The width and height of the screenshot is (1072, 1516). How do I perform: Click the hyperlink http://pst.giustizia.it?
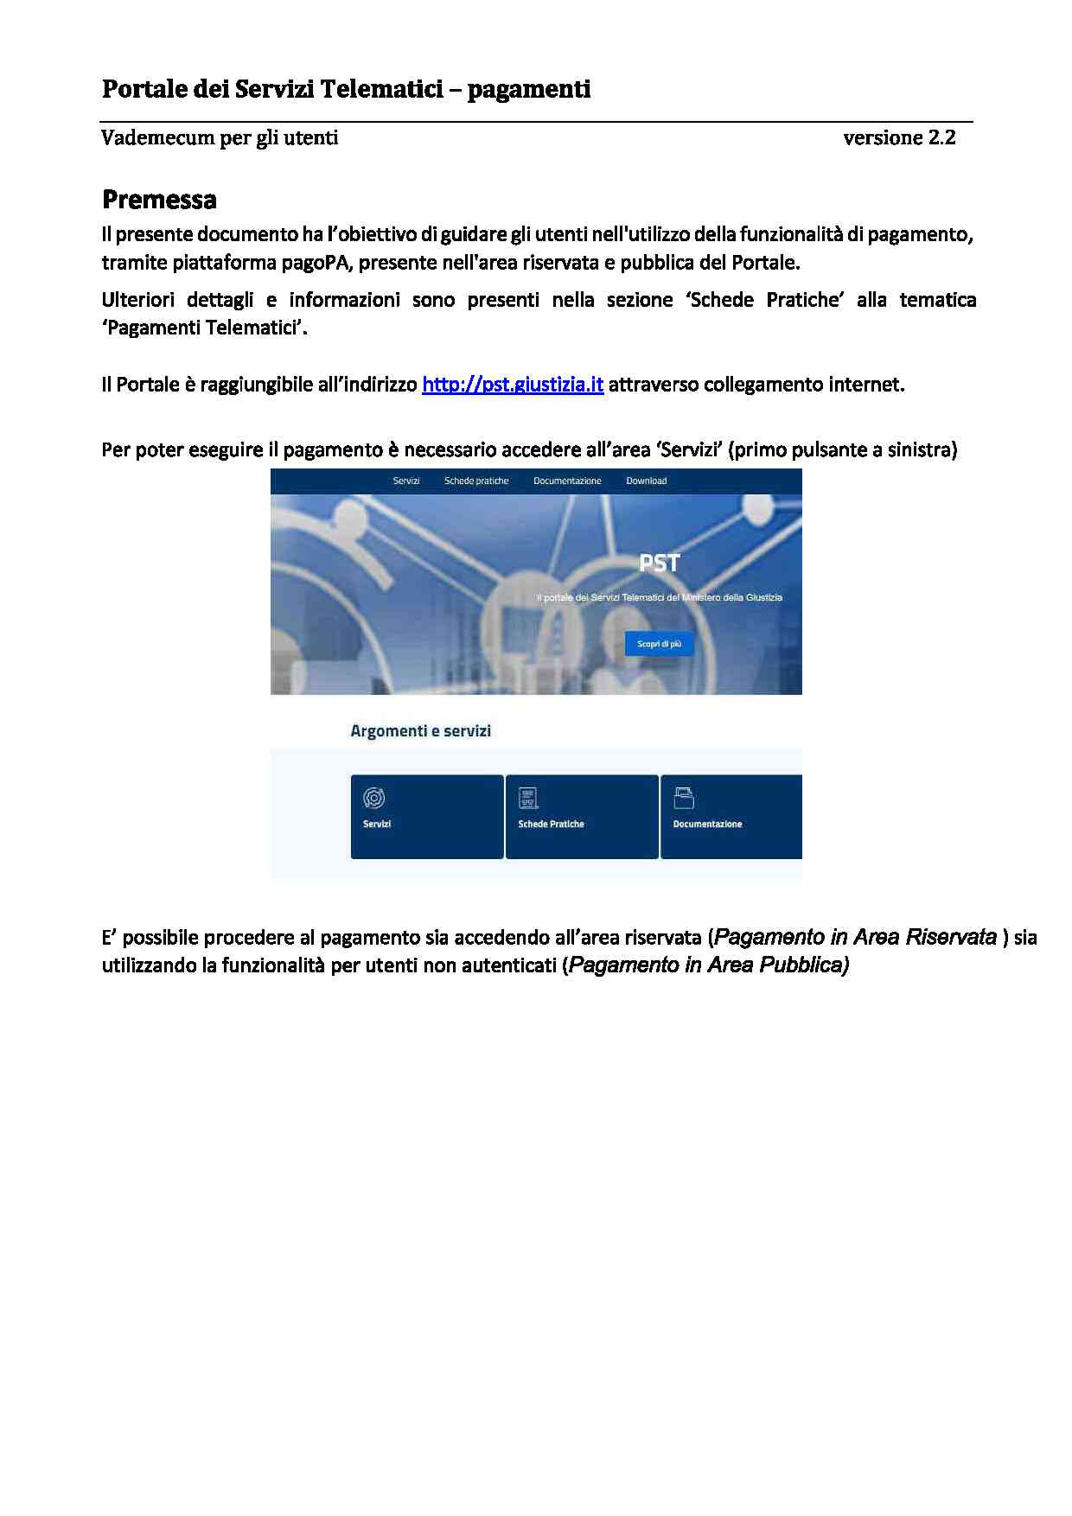pyautogui.click(x=512, y=385)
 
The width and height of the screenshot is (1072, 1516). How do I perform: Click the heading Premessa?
pyautogui.click(x=159, y=200)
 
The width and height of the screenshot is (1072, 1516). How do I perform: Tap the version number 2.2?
pyautogui.click(x=942, y=137)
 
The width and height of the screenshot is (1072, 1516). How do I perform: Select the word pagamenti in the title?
pyautogui.click(x=529, y=89)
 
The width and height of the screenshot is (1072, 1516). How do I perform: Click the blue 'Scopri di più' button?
pyautogui.click(x=659, y=644)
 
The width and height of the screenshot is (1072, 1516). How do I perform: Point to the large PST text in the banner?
pyautogui.click(x=660, y=564)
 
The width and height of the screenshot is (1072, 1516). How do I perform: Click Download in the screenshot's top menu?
pyautogui.click(x=646, y=481)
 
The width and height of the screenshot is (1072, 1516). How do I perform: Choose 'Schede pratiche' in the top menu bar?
pyautogui.click(x=476, y=481)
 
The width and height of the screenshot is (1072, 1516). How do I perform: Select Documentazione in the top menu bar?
pyautogui.click(x=567, y=481)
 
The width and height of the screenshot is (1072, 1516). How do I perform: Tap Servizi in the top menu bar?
pyautogui.click(x=406, y=481)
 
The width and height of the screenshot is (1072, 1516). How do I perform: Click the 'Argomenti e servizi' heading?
pyautogui.click(x=420, y=731)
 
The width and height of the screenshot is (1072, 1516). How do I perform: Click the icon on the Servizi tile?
pyautogui.click(x=374, y=797)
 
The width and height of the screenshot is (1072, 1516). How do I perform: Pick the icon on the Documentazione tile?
pyautogui.click(x=684, y=797)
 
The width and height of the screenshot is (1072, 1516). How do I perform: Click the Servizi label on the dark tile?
pyautogui.click(x=377, y=825)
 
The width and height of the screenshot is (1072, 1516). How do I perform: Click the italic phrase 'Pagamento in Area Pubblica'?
pyautogui.click(x=708, y=965)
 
